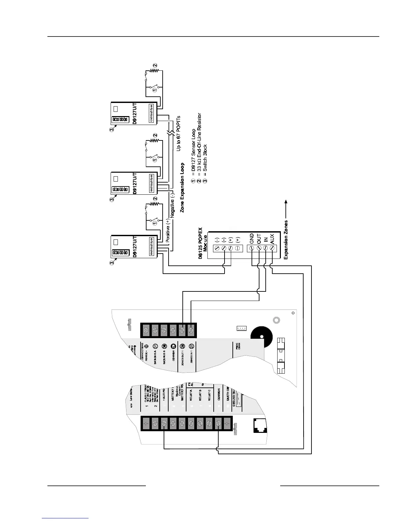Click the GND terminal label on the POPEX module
(x=251, y=238)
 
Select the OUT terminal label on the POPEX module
(x=258, y=238)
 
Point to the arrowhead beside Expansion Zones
(x=286, y=202)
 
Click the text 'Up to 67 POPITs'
(x=179, y=133)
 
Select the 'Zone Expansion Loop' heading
(x=182, y=187)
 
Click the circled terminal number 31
(x=155, y=346)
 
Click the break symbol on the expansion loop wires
(x=170, y=134)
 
